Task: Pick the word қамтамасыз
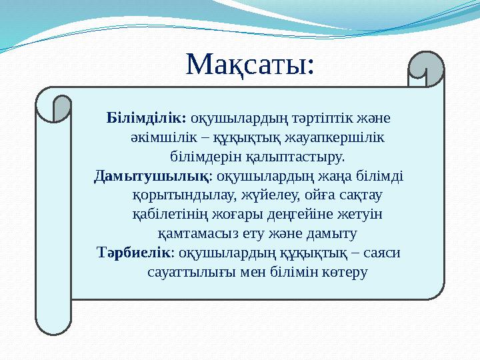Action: coord(193,234)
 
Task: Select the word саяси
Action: coord(387,253)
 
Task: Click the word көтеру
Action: coord(344,273)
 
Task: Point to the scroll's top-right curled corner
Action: coord(425,69)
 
